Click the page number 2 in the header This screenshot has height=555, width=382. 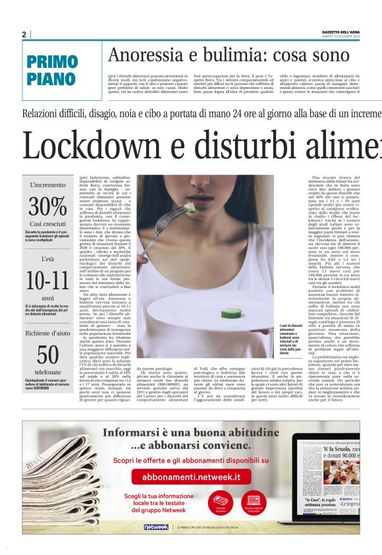click(x=24, y=34)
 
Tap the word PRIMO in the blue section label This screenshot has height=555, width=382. click(x=53, y=63)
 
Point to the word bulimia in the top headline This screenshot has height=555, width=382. click(x=227, y=57)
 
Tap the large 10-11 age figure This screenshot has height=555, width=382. click(x=47, y=281)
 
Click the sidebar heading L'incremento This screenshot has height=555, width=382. click(x=47, y=185)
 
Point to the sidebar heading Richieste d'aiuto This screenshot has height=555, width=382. click(x=47, y=333)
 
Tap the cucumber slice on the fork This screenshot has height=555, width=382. click(x=190, y=208)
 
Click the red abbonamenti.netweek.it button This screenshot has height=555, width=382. click(x=192, y=476)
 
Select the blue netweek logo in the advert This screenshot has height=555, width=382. click(x=156, y=526)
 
